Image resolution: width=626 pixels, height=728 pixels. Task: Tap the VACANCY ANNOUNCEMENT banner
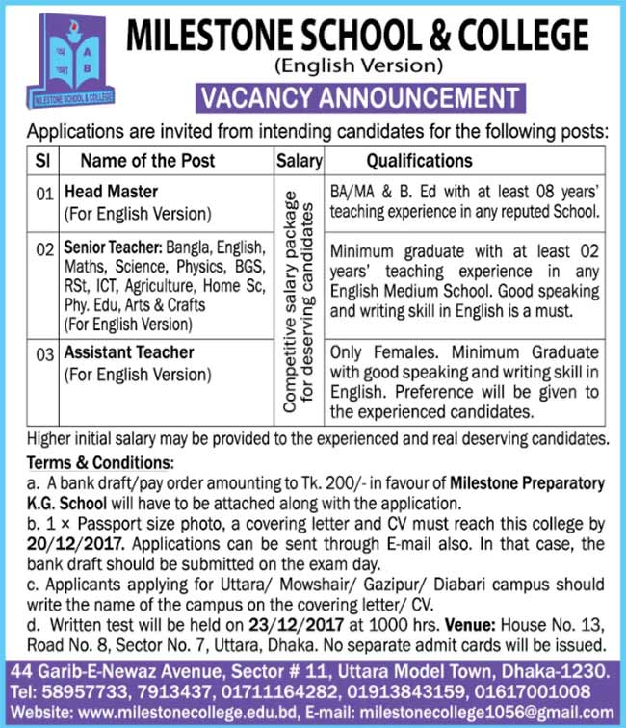coord(358,97)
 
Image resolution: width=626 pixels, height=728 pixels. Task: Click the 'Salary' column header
coord(299,161)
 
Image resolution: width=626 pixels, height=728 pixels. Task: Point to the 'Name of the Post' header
coord(147,161)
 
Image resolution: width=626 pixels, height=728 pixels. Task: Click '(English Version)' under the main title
coord(358,66)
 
